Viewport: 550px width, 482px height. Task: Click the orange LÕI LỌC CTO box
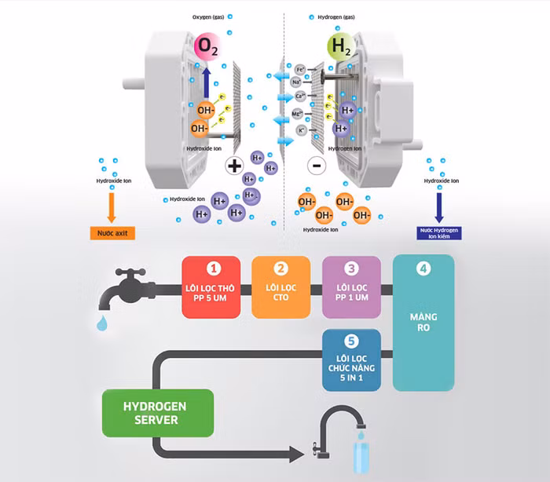click(281, 287)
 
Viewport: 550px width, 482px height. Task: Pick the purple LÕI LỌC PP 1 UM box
click(351, 287)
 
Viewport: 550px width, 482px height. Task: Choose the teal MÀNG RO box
click(423, 323)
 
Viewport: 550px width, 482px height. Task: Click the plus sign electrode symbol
click(234, 165)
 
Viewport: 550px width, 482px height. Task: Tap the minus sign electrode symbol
click(316, 166)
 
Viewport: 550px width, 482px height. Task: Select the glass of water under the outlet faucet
click(361, 459)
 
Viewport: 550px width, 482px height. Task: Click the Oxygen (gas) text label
click(209, 16)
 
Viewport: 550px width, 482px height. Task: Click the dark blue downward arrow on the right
click(438, 208)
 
